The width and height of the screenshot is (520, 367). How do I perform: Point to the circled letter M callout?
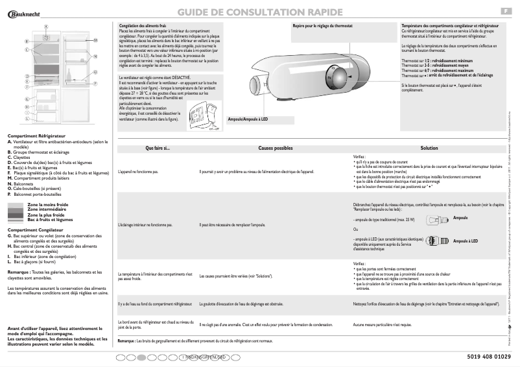pos(95,40)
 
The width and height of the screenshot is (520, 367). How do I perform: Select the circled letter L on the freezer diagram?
pos(26,119)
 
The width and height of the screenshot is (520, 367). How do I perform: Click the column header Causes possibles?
pos(275,148)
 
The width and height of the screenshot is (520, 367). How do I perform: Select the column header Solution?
pos(429,148)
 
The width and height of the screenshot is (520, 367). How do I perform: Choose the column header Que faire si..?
pos(157,148)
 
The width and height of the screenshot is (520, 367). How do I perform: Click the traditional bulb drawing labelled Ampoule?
pos(435,219)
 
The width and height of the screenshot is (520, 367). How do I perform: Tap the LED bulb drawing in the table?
pos(436,241)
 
